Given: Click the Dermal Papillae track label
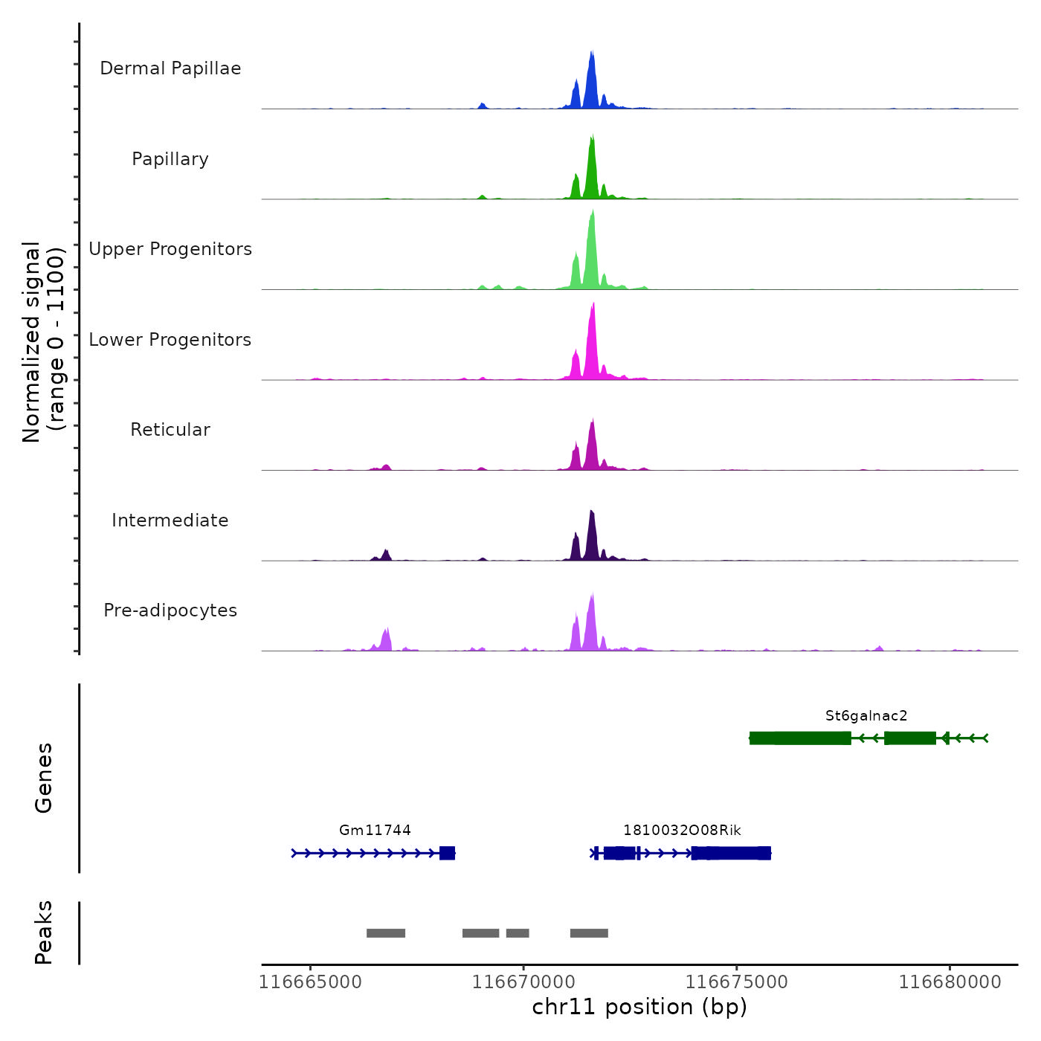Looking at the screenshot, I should [170, 68].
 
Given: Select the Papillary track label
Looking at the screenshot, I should [170, 159].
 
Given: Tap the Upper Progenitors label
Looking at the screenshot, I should [170, 249].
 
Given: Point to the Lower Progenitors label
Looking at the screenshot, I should [170, 340].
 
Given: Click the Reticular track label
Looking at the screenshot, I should [170, 430].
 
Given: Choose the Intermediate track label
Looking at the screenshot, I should [170, 520].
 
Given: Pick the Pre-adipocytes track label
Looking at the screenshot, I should [170, 610].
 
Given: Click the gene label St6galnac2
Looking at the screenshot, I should [866, 716].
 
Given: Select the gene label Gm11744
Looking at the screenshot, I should [375, 831].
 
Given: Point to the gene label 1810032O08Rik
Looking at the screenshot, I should [682, 831].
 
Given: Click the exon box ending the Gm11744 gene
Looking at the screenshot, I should [447, 853].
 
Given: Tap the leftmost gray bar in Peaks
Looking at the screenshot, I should [386, 933].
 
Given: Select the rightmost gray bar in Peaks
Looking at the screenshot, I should [589, 933].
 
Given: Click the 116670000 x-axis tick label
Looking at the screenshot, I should [523, 982].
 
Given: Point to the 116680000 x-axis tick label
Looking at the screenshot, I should [950, 982].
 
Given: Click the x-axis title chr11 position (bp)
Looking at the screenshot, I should [639, 1008].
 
